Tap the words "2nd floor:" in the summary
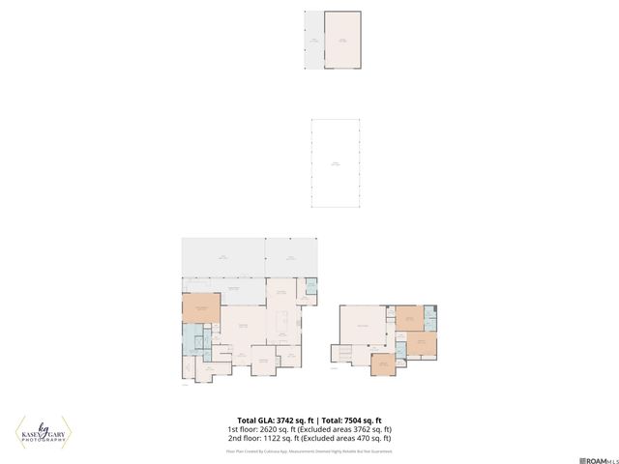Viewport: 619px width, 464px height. tap(242, 438)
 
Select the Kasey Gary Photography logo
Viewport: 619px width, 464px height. tap(44, 432)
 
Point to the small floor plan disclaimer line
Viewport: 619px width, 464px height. tap(309, 450)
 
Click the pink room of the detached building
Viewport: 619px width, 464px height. tap(342, 41)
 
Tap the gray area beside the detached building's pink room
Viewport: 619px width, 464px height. tap(314, 41)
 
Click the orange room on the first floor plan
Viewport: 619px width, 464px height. tap(201, 309)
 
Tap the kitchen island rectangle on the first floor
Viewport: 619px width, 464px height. tap(284, 320)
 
